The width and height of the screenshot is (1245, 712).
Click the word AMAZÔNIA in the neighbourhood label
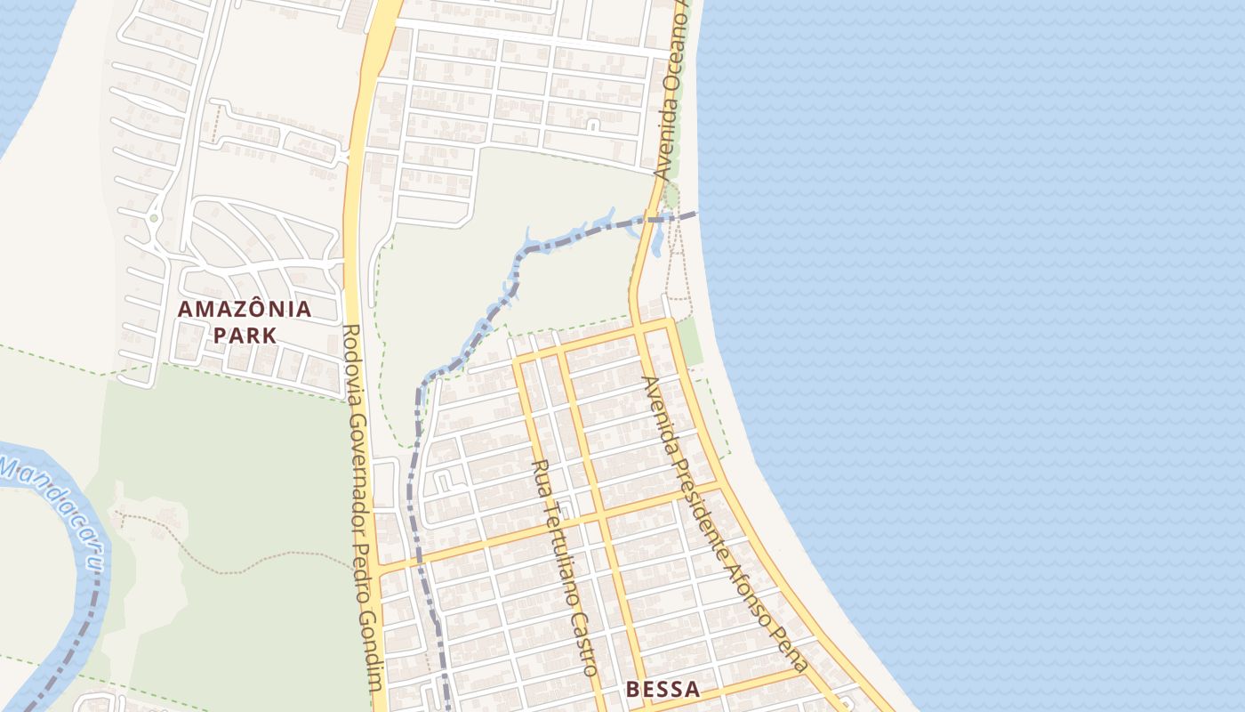245,310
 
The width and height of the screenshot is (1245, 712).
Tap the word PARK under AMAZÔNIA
245,336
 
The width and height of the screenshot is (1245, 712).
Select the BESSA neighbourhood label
663,689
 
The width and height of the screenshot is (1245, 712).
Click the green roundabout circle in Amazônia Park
154,217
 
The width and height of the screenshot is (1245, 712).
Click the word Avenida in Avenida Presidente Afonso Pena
660,414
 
